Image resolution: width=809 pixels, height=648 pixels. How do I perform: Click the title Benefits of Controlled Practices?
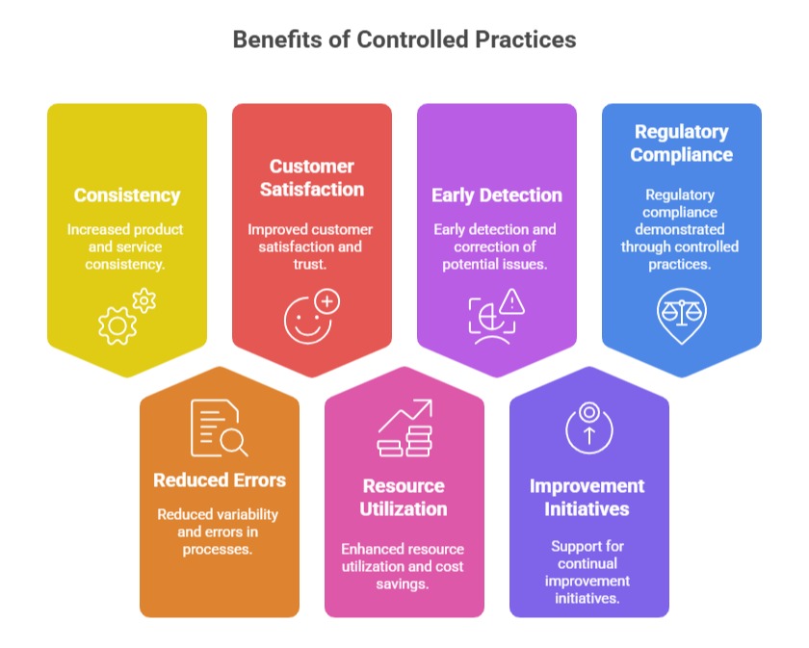point(404,40)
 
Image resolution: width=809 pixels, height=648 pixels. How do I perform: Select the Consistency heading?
point(127,195)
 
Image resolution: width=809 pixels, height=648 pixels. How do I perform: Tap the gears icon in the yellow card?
point(126,317)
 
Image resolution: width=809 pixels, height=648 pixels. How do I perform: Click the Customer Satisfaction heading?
point(312,178)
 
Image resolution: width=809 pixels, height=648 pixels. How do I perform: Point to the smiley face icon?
point(311,317)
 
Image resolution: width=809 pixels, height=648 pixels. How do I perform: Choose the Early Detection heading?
point(497,195)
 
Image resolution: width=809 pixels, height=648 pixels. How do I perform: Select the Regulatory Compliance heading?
point(682,143)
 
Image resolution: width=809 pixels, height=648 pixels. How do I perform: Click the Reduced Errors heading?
point(220,480)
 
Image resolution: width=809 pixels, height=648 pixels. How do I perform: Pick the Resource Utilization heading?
point(404,498)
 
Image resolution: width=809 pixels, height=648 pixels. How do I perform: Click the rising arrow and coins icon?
point(404,429)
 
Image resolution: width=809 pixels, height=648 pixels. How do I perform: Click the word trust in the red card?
point(311,264)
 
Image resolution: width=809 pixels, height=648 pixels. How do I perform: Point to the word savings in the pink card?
point(404,583)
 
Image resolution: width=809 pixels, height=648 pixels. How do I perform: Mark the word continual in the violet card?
point(588,564)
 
